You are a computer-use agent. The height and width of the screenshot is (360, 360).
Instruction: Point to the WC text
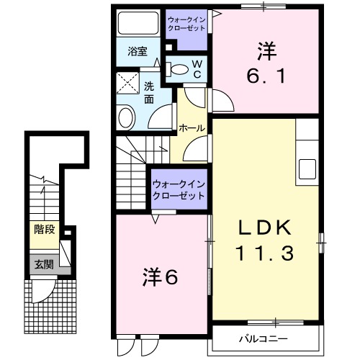[x=196, y=68]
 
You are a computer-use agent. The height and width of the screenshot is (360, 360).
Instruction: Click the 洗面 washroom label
[x=149, y=93]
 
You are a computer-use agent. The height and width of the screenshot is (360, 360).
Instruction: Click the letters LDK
[x=266, y=230]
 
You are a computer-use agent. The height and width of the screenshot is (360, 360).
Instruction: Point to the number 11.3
[x=266, y=253]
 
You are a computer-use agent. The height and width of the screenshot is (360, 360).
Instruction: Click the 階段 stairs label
[x=44, y=230]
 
